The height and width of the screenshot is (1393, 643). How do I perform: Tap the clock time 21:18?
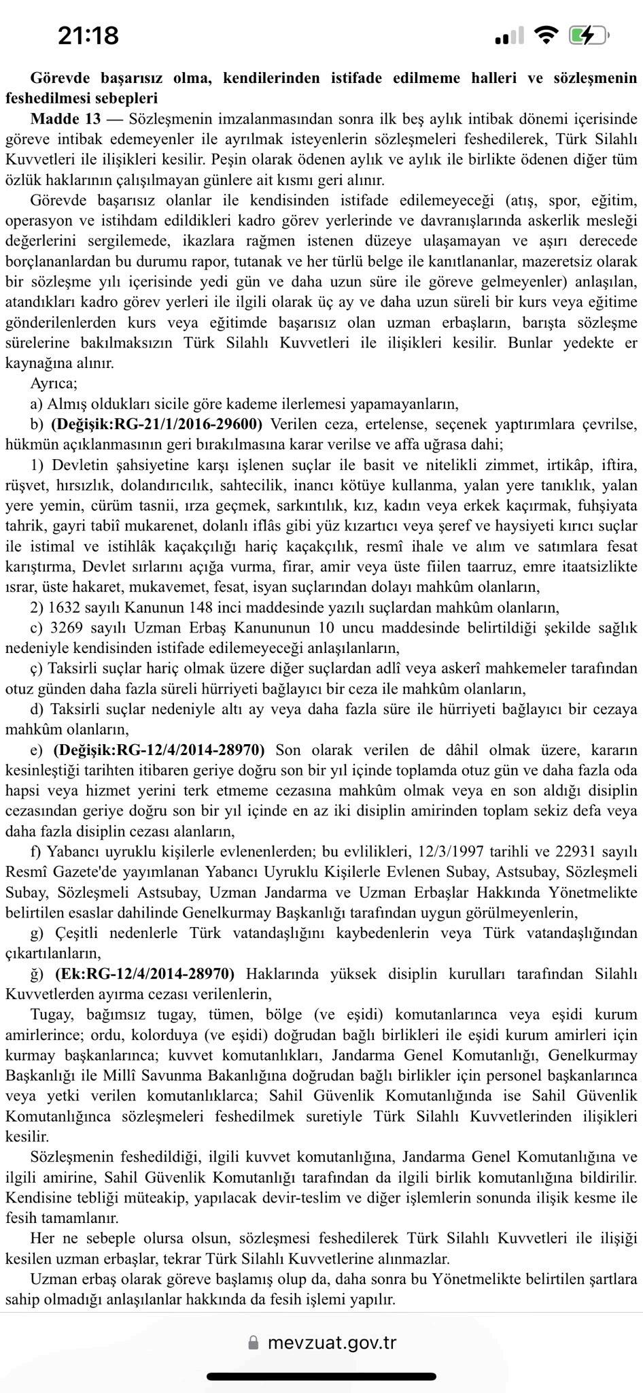pyautogui.click(x=88, y=35)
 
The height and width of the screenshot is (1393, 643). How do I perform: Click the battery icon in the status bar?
pyautogui.click(x=589, y=35)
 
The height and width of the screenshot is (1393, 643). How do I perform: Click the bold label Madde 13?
pyautogui.click(x=65, y=119)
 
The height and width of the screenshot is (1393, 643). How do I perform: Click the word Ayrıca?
pyautogui.click(x=53, y=384)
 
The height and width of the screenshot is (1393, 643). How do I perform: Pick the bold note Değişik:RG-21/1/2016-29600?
pyautogui.click(x=157, y=424)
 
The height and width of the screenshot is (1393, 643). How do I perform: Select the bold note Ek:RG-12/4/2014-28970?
pyautogui.click(x=145, y=974)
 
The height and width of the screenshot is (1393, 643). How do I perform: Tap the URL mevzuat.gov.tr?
pyautogui.click(x=331, y=1343)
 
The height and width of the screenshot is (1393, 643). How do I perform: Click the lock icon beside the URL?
pyautogui.click(x=254, y=1343)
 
